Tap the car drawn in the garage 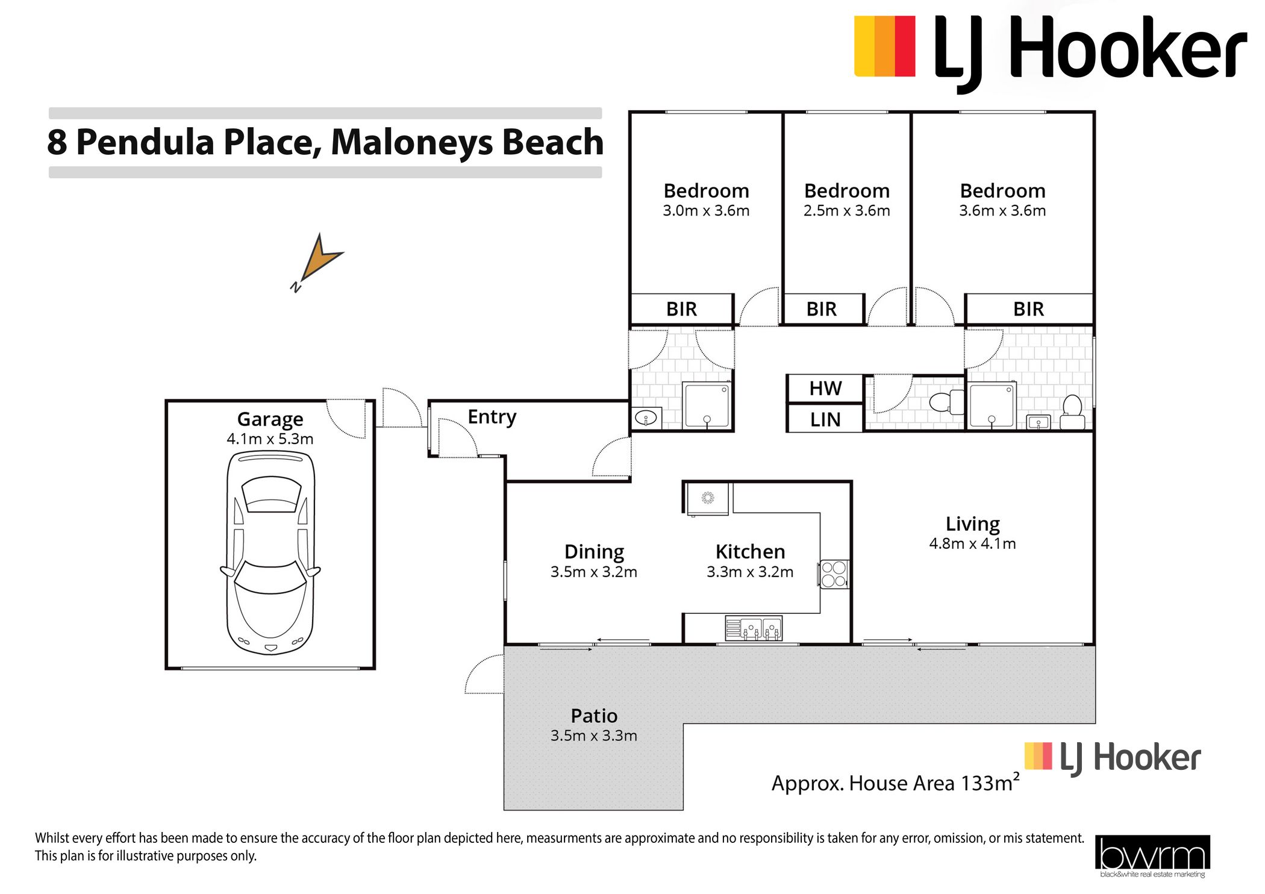click(x=270, y=552)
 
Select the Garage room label click(x=270, y=419)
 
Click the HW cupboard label click(x=825, y=389)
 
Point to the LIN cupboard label click(x=825, y=419)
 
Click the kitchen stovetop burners click(x=834, y=574)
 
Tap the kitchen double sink click(x=754, y=628)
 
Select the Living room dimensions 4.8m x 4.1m click(x=972, y=543)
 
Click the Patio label click(x=594, y=716)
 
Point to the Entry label click(x=492, y=417)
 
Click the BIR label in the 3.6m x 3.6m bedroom click(x=1028, y=309)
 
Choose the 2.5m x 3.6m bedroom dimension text click(x=846, y=211)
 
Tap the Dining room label click(x=594, y=552)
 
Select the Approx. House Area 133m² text click(x=896, y=783)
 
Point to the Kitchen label click(x=750, y=552)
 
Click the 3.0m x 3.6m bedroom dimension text click(x=706, y=211)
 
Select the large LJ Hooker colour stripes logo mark click(x=885, y=46)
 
